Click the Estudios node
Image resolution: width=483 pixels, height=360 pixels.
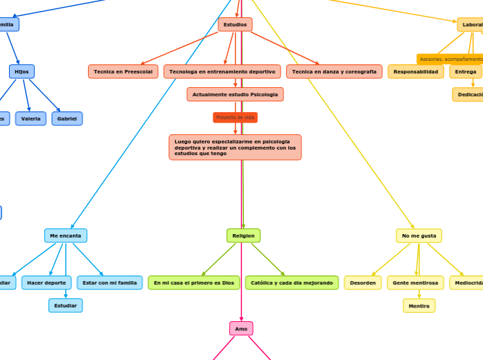point(235,25)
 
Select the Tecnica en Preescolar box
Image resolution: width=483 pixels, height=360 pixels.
point(123,71)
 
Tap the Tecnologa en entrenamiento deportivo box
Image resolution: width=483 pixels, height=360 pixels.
point(222,71)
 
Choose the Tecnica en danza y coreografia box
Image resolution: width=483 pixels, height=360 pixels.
point(334,71)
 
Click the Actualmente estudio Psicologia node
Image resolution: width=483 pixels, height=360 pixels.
point(235,94)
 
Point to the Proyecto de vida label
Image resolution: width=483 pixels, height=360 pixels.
point(235,118)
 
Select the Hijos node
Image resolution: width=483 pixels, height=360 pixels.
point(21,71)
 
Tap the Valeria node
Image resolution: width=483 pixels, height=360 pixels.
point(30,118)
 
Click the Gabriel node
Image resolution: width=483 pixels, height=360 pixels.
point(67,118)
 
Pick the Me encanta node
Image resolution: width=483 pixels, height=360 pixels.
point(66,235)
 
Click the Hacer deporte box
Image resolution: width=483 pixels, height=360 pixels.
point(46,282)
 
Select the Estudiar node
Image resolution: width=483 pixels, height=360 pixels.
point(66,305)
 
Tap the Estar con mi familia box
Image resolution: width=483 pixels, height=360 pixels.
point(109,282)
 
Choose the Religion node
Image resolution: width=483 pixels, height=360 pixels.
point(243,235)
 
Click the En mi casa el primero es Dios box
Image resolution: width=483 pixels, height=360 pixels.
point(194,282)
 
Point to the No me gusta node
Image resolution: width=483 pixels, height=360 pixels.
point(419,235)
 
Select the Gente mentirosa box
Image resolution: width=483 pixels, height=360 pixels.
point(415,282)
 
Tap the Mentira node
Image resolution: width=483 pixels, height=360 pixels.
point(419,305)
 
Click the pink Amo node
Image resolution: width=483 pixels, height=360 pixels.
point(241,328)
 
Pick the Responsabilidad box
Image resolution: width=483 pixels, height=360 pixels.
point(416,71)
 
